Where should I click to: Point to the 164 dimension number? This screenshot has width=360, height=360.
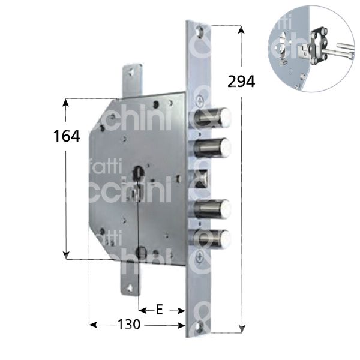(66, 136)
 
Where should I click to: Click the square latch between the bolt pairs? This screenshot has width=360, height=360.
(202, 178)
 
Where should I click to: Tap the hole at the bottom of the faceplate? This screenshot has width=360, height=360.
(200, 326)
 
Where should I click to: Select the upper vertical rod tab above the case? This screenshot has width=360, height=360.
(131, 78)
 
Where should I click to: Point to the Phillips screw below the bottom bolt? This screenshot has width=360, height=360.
(200, 259)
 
